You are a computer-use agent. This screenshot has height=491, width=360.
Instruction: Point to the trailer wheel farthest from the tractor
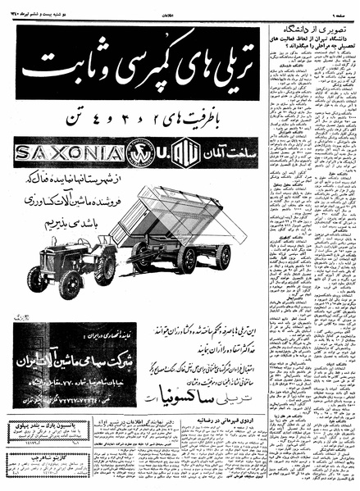click(222, 257)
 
